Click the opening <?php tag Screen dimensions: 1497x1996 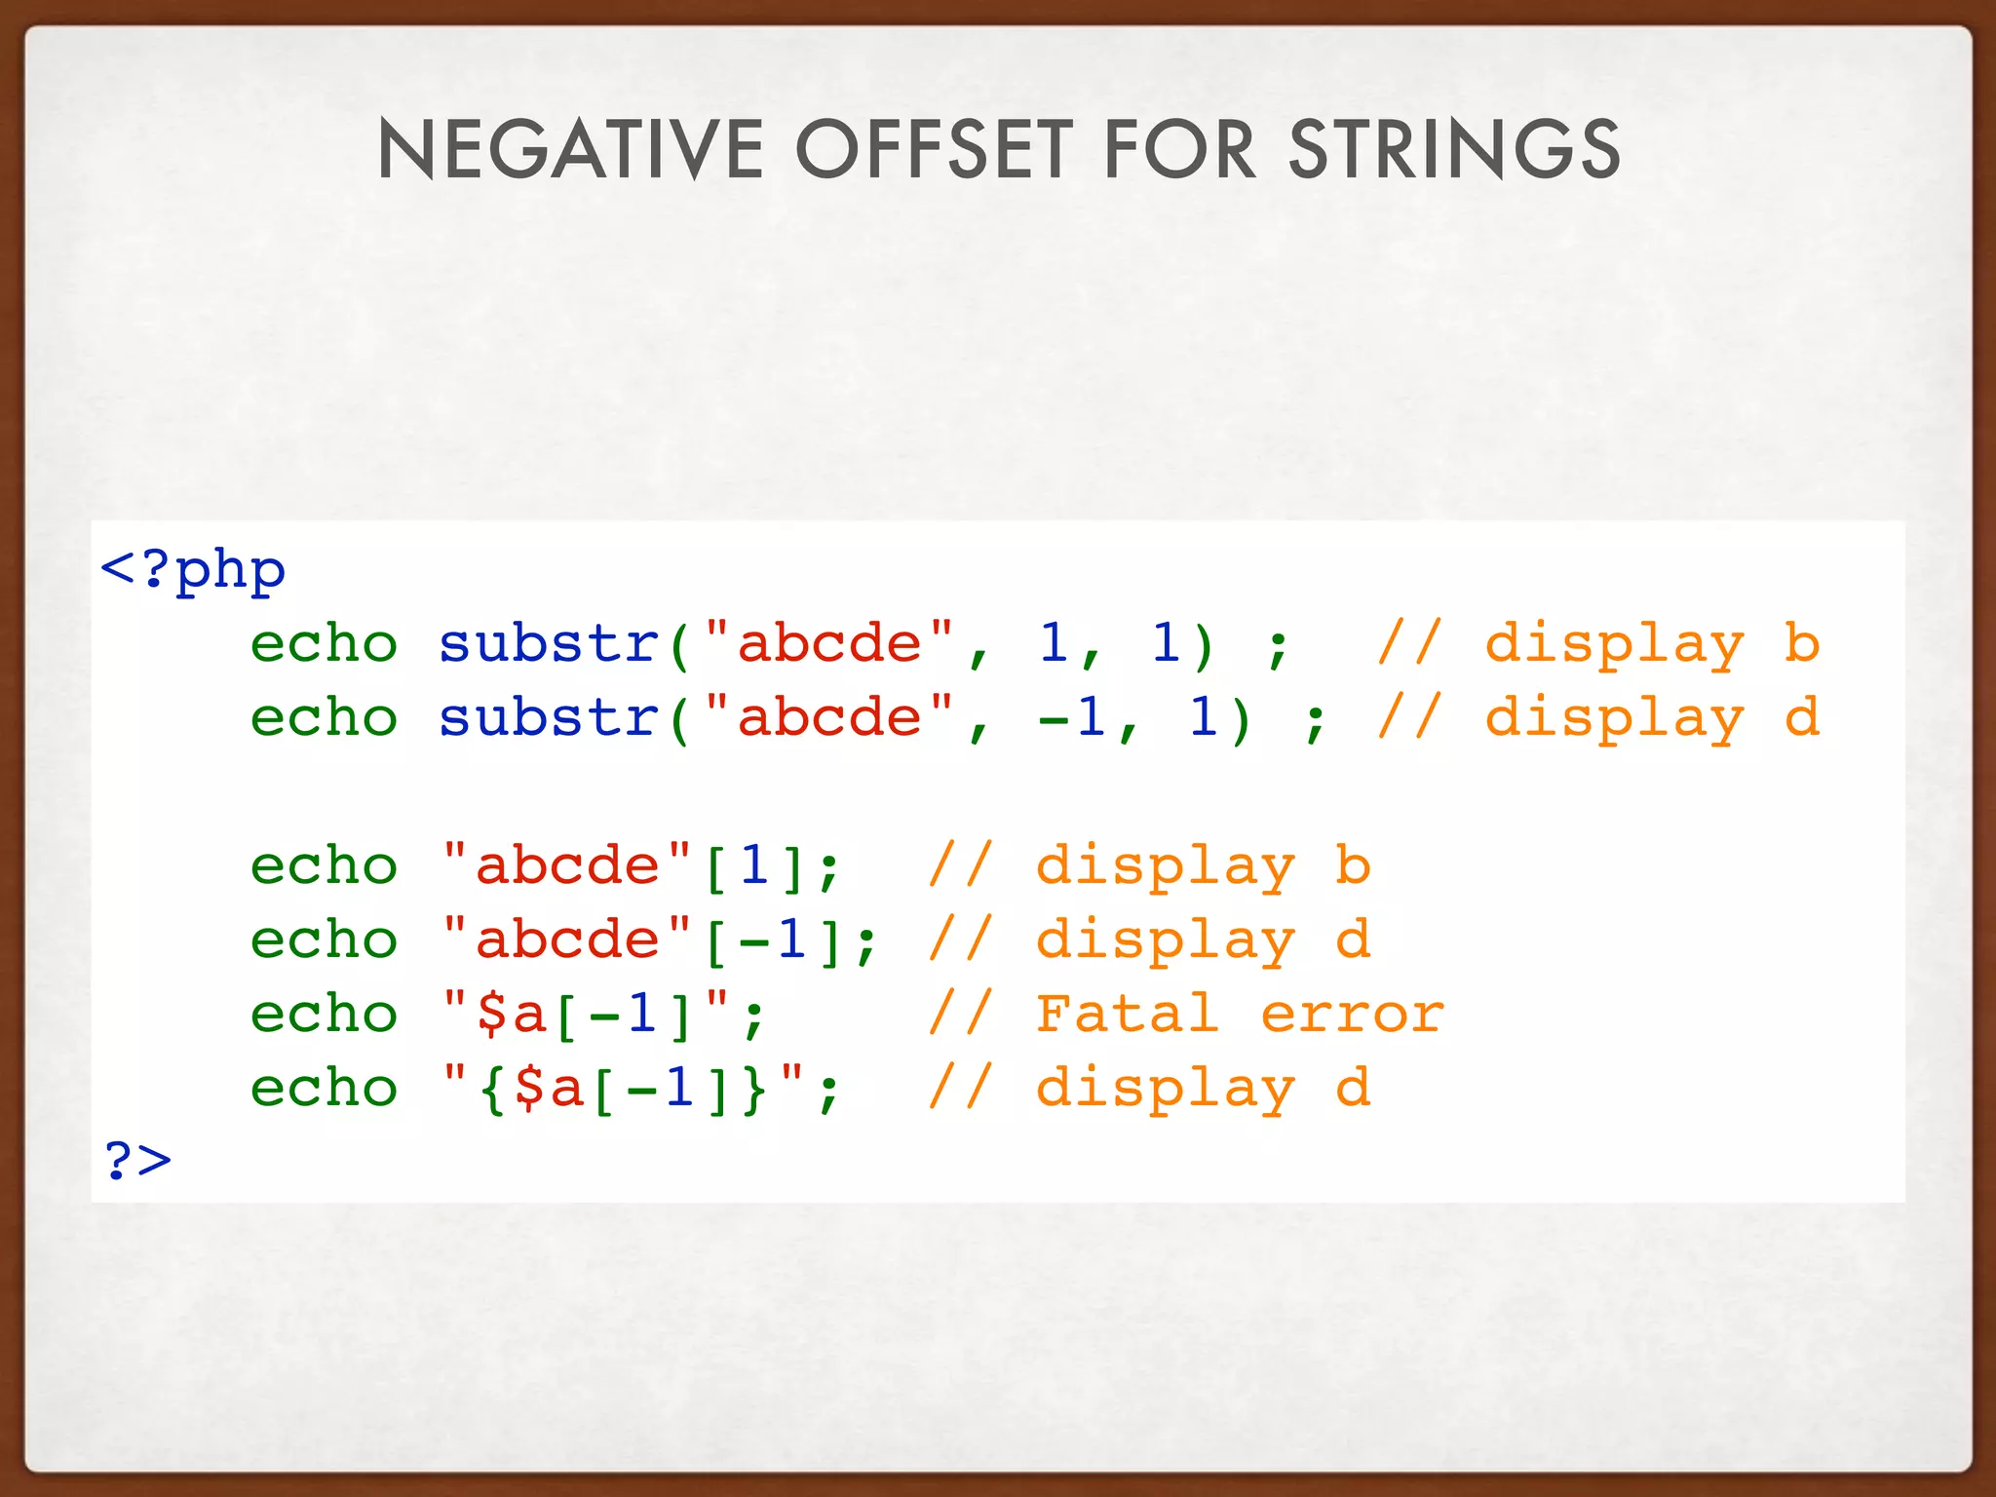[x=192, y=569]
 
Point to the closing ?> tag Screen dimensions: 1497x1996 [x=137, y=1160]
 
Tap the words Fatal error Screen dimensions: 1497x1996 [x=1239, y=1014]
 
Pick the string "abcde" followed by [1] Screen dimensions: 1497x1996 [x=567, y=865]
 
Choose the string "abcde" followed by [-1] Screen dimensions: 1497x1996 [x=567, y=940]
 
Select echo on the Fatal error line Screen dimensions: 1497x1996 [x=324, y=1014]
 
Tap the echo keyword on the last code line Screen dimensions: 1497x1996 [x=324, y=1088]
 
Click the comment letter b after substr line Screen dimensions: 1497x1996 [x=1802, y=643]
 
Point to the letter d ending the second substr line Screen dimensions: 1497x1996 [x=1802, y=717]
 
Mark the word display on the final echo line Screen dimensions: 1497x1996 [x=1166, y=1088]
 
